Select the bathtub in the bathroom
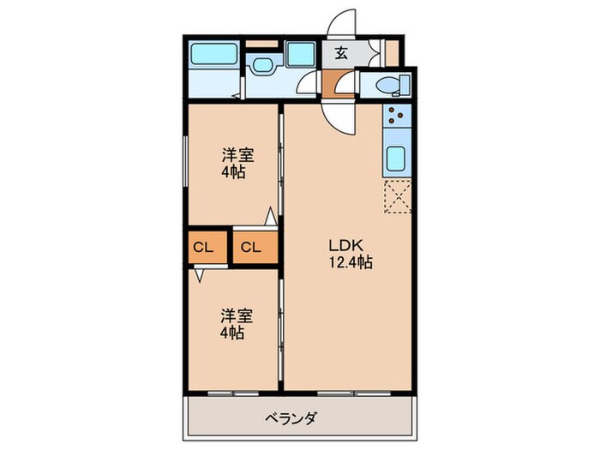213,56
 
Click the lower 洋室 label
233,315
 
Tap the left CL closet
204,248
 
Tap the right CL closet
252,248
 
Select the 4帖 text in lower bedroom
233,331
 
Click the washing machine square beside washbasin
300,56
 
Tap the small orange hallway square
339,86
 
